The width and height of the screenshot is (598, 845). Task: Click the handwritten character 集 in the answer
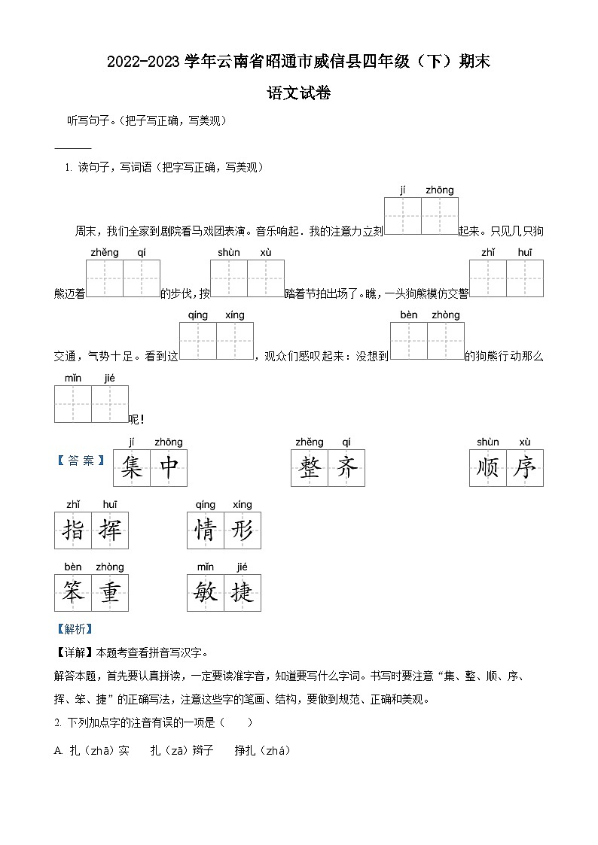click(x=132, y=468)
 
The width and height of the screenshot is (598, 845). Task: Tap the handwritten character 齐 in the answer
click(x=346, y=468)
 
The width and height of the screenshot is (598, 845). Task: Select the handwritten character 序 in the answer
click(x=524, y=468)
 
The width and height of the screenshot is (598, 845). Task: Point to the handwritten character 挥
click(x=110, y=530)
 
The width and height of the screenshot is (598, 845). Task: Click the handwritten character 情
click(x=206, y=530)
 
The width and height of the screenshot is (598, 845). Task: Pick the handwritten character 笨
click(x=73, y=593)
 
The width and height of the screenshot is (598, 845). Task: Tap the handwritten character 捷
click(x=243, y=593)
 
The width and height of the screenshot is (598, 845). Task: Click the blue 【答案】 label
click(x=81, y=460)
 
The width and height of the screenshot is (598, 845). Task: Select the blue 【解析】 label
click(x=73, y=629)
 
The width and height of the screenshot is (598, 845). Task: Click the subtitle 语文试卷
click(x=299, y=93)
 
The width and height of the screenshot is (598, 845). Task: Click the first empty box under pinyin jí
click(x=402, y=217)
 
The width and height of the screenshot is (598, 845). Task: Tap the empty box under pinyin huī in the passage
click(x=525, y=279)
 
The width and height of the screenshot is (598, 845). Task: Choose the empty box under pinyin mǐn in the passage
click(x=73, y=404)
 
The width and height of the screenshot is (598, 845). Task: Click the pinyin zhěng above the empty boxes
click(x=105, y=253)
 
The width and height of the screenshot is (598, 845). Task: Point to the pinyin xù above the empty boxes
click(x=265, y=253)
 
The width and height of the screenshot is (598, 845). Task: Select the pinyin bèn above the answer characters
click(x=72, y=567)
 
